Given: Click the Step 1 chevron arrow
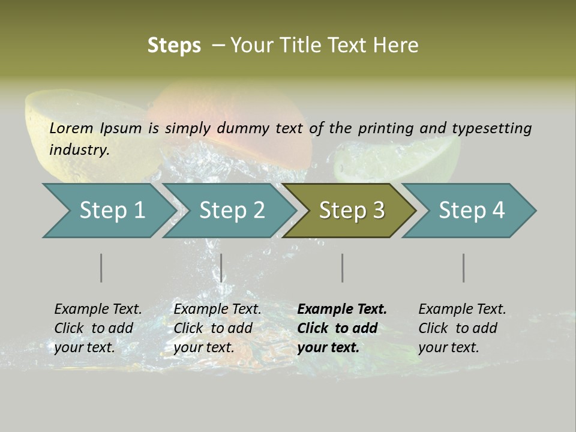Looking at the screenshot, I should pyautogui.click(x=108, y=211).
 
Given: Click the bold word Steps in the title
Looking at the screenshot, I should pyautogui.click(x=174, y=46).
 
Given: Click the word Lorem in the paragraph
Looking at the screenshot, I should pyautogui.click(x=71, y=128).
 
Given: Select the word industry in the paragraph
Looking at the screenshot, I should pyautogui.click(x=79, y=150).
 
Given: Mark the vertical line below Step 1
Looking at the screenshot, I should pyautogui.click(x=101, y=268).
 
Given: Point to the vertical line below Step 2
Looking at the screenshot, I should pyautogui.click(x=221, y=268).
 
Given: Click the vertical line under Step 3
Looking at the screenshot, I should pyautogui.click(x=342, y=268).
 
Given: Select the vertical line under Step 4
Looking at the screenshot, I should pyautogui.click(x=463, y=268).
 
